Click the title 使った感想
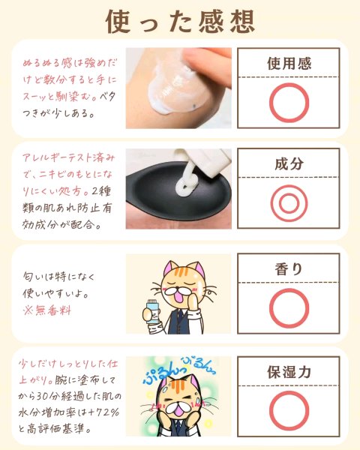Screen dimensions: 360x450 180,21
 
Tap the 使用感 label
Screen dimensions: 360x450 289,64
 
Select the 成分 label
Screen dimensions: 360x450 289,163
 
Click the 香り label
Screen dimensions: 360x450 289,269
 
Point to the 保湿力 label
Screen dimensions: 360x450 289,372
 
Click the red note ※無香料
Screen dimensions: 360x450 47,310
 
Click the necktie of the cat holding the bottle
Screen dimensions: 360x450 178,320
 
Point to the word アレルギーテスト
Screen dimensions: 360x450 58,157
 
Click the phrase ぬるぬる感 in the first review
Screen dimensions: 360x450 47,63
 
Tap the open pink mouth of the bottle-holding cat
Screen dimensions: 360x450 180,298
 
